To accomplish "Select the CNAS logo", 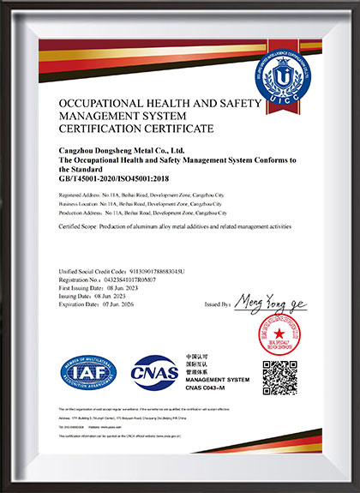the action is pyautogui.click(x=154, y=372).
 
